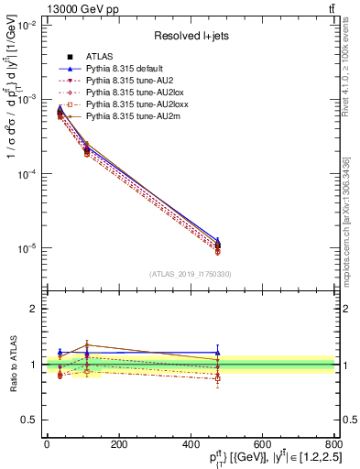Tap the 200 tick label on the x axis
pyautogui.click(x=118, y=444)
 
